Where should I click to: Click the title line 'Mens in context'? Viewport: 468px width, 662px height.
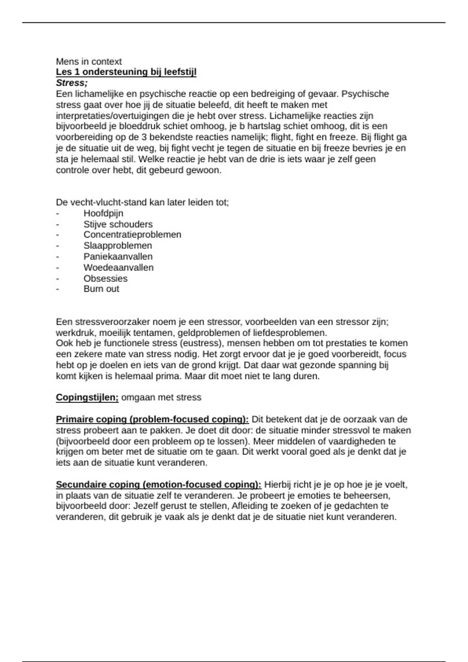click(x=89, y=62)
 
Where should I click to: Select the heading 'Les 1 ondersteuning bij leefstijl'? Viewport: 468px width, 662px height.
click(x=126, y=72)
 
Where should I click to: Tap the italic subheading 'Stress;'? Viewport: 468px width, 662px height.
click(x=72, y=83)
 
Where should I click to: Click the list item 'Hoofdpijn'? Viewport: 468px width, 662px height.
click(x=103, y=213)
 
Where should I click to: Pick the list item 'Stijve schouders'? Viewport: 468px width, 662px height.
click(x=118, y=224)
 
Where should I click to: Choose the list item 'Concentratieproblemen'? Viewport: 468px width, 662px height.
click(x=132, y=235)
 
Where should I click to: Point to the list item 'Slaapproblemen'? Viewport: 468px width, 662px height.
click(x=118, y=246)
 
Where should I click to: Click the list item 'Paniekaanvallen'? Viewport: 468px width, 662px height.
click(x=118, y=257)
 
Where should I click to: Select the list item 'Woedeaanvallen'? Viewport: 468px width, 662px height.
click(x=119, y=268)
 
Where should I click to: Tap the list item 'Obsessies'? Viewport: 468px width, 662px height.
click(x=105, y=278)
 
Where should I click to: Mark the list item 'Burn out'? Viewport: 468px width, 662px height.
click(x=101, y=289)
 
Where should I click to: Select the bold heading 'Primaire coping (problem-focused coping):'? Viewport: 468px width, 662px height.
click(x=152, y=419)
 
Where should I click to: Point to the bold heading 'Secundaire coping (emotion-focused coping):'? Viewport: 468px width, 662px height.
click(x=159, y=485)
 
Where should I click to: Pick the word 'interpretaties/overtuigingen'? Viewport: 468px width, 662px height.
click(x=113, y=116)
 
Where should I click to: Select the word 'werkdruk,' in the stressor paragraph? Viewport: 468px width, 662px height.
click(x=76, y=333)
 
